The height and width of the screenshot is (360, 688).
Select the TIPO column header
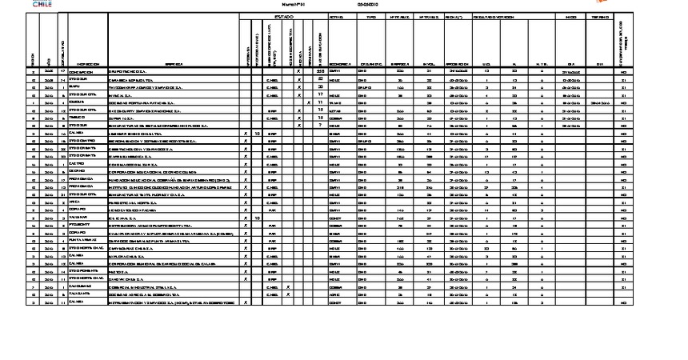point(371,16)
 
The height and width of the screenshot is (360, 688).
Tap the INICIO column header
point(570,16)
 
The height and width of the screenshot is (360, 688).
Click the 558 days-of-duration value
point(319,72)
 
